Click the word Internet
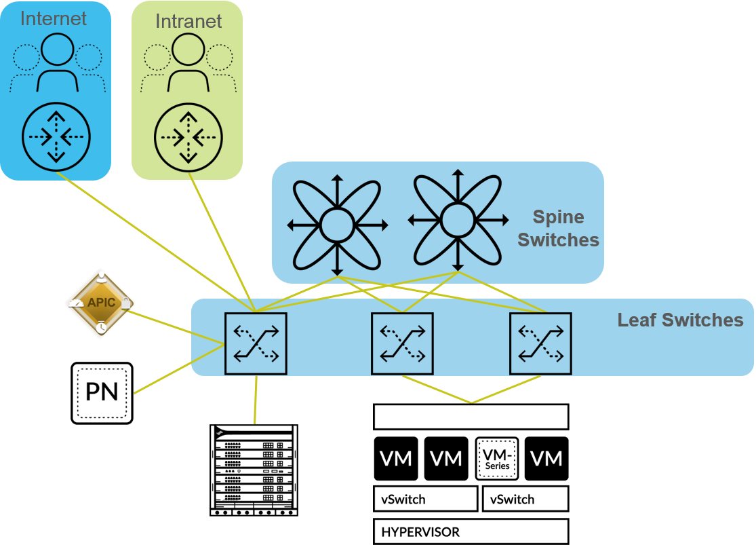click(x=54, y=18)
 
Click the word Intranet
click(x=188, y=21)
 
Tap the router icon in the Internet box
click(x=56, y=137)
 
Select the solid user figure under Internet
click(x=57, y=62)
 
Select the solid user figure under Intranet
click(x=188, y=62)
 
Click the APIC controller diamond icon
click(x=100, y=303)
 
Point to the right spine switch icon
click(x=458, y=219)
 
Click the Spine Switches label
click(x=559, y=228)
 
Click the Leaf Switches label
click(x=680, y=320)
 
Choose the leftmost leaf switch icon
click(x=256, y=343)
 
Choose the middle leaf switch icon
click(x=402, y=343)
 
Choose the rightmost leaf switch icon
click(x=540, y=343)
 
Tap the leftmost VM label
click(x=396, y=459)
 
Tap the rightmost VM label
click(x=546, y=459)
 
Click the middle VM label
click(x=446, y=459)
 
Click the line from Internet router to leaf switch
click(x=156, y=242)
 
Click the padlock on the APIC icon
click(x=125, y=303)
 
